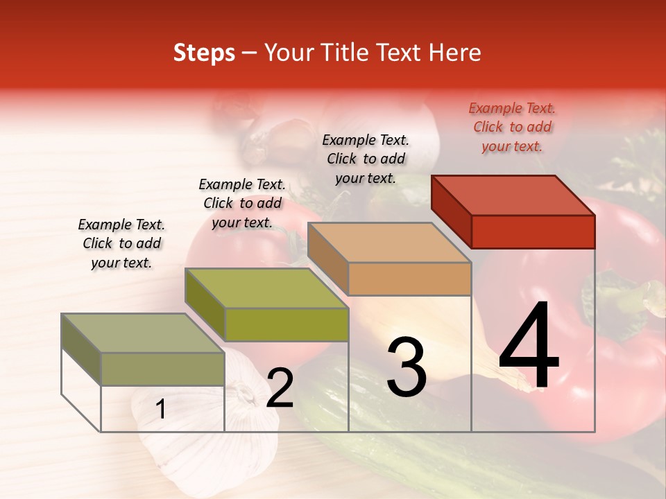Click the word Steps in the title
click(x=204, y=53)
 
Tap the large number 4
click(x=529, y=346)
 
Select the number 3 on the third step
click(x=407, y=368)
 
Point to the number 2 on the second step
click(x=280, y=389)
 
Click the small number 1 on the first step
click(x=161, y=410)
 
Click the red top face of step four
click(x=513, y=195)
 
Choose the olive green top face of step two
click(x=267, y=288)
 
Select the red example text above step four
click(x=512, y=127)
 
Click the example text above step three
click(x=366, y=159)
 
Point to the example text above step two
click(x=242, y=203)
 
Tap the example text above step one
click(x=121, y=243)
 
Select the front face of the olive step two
click(x=287, y=324)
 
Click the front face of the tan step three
click(x=409, y=279)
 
